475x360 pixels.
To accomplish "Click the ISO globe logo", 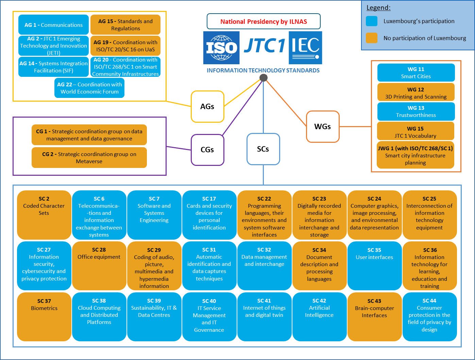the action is coord(221,48).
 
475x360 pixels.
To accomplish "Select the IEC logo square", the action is coord(305,48).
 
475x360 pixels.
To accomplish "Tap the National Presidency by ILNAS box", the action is coord(264,21).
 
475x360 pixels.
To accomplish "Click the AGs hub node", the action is coord(207,106).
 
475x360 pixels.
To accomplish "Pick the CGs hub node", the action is coord(207,150).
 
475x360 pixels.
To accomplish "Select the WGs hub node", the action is coord(323,126).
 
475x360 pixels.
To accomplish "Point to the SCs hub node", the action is coord(263,149).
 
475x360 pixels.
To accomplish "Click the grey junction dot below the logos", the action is coord(264,78).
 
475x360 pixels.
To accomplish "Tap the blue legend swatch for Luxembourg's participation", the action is coord(372,21).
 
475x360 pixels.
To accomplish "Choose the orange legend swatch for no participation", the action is coord(372,38).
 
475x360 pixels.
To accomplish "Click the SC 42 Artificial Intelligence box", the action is coord(319,317).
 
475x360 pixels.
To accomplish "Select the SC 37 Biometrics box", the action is coord(44,317).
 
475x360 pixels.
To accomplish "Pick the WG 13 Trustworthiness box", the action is coord(416,112).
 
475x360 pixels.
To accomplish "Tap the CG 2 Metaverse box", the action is coord(89,157).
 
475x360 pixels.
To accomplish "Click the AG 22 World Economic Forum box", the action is coord(89,88).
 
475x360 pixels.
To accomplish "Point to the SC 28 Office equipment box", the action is coord(99,266).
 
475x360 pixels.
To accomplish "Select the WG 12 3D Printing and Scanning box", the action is coord(416,92).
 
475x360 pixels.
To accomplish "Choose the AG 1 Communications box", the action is coord(53,25).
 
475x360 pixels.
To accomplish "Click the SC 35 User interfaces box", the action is coord(375,266).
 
